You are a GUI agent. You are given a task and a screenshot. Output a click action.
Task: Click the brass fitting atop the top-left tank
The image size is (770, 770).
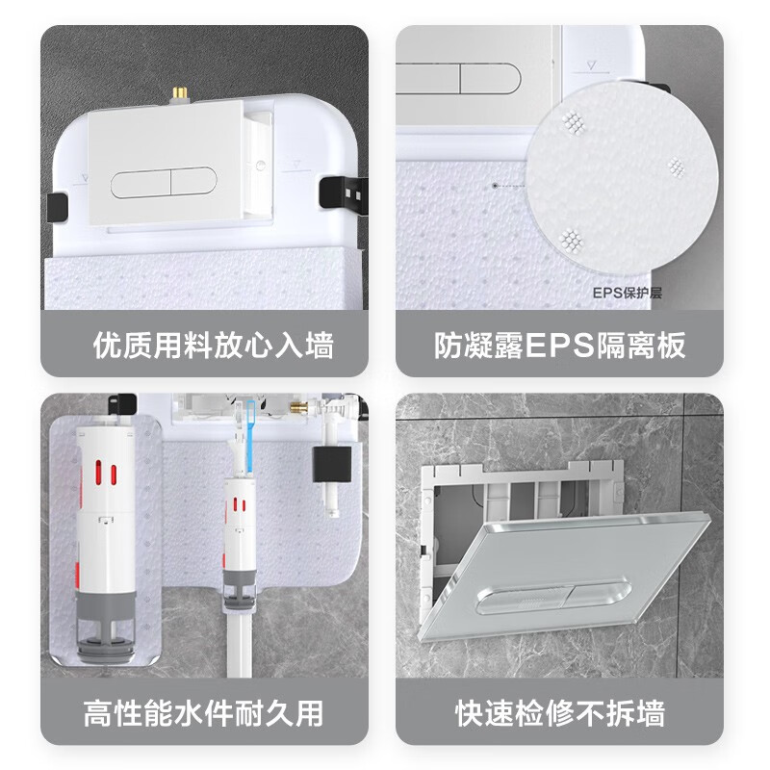[x=179, y=95]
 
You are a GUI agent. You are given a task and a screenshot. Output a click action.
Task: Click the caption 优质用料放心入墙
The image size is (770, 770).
[x=213, y=345]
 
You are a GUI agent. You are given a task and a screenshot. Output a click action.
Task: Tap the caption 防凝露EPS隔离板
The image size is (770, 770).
[x=559, y=345]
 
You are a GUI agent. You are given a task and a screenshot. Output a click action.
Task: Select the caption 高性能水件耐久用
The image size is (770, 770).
[x=203, y=713]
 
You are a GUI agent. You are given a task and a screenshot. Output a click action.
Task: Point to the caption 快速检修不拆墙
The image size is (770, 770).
[x=559, y=713]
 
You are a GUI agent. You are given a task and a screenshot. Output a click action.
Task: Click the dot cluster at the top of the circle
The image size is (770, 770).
[x=575, y=121]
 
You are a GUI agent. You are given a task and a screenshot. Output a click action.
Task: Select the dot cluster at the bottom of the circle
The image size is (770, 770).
[x=572, y=237]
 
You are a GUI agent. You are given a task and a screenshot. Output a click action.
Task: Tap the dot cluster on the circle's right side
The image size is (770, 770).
[x=677, y=167]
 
